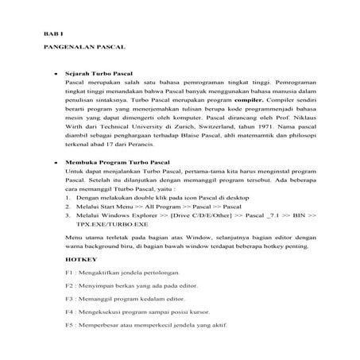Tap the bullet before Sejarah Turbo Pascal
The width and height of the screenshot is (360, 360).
point(56,73)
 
